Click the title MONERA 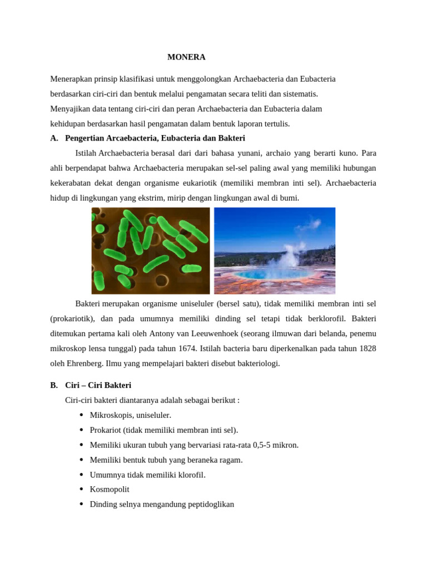pyautogui.click(x=186, y=57)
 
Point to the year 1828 pyautogui.click(x=366, y=348)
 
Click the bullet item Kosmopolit pyautogui.click(x=110, y=490)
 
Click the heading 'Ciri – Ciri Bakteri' pyautogui.click(x=98, y=385)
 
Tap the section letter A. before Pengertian pyautogui.click(x=54, y=138)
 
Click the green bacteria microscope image pyautogui.click(x=150, y=251)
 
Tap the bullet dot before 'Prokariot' pyautogui.click(x=82, y=430)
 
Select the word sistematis pyautogui.click(x=300, y=94)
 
